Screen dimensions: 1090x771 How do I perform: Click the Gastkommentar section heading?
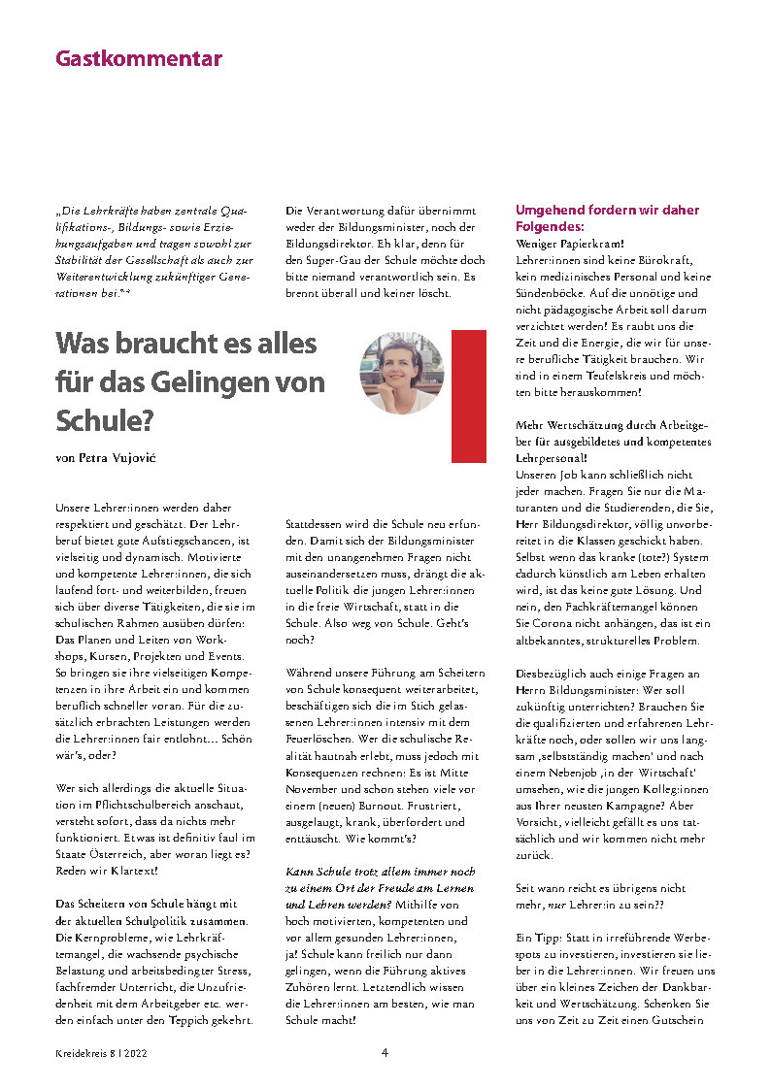pyautogui.click(x=139, y=58)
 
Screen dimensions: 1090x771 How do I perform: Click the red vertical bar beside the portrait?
pyautogui.click(x=469, y=395)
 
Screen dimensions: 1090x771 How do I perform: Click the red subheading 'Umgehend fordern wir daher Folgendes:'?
pyautogui.click(x=607, y=217)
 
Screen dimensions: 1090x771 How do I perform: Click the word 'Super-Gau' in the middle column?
pyautogui.click(x=332, y=260)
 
